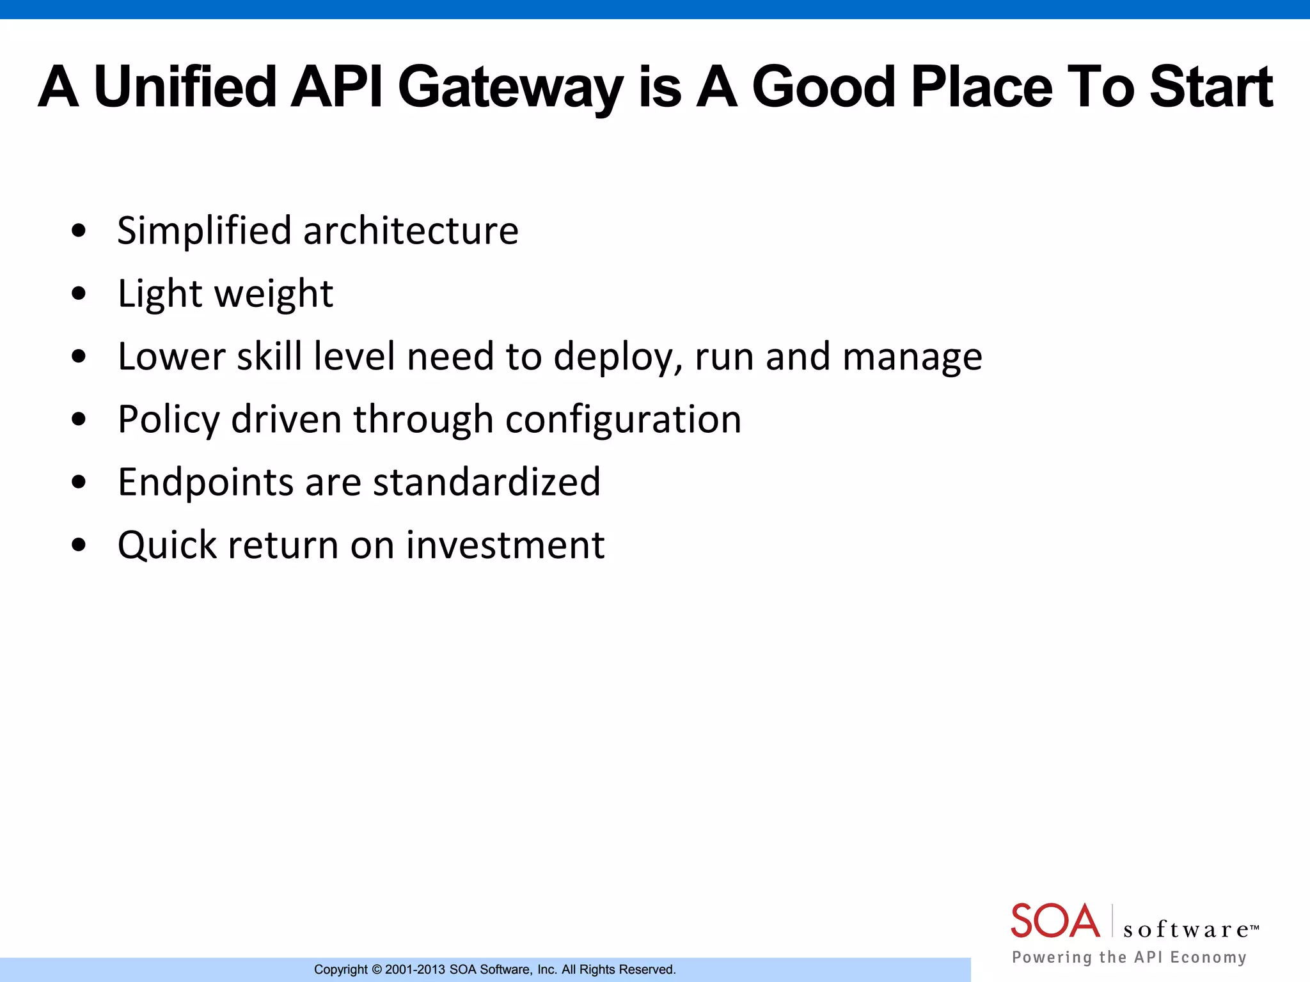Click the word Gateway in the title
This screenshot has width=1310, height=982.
click(x=510, y=88)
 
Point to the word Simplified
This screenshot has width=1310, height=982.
click(x=204, y=231)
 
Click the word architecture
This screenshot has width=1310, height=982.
click(x=411, y=231)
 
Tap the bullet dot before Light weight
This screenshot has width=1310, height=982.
click(x=79, y=293)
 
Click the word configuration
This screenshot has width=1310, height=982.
click(x=623, y=420)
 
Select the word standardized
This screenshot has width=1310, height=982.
click(x=487, y=482)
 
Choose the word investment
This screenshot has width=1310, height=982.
click(x=505, y=545)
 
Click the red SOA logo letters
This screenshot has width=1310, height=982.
click(x=1055, y=921)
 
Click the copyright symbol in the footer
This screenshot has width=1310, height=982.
click(x=376, y=970)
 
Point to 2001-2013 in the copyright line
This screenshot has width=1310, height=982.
click(x=415, y=970)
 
